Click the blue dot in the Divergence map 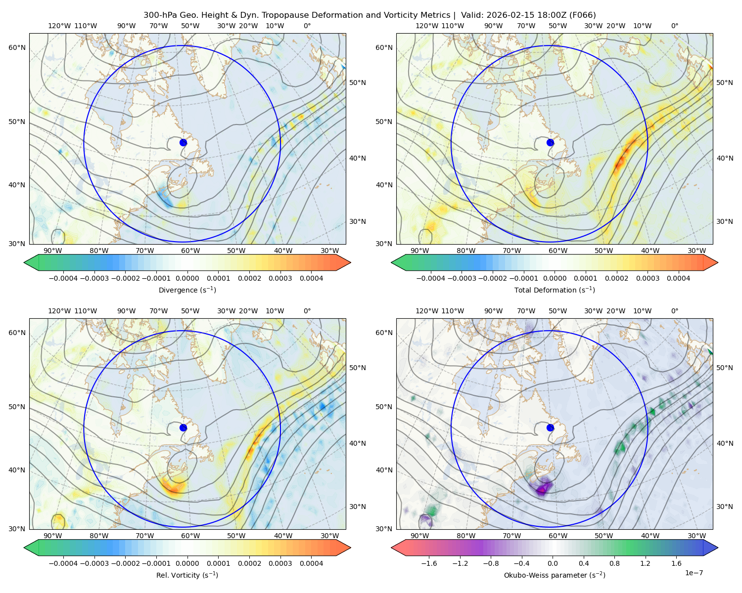[x=183, y=143]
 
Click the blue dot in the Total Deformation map [x=550, y=143]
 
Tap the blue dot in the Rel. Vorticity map [x=183, y=427]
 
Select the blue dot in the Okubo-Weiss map [x=550, y=427]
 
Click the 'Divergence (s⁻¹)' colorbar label [x=187, y=290]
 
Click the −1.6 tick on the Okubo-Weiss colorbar [x=429, y=563]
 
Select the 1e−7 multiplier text [x=694, y=573]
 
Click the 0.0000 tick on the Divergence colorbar [x=187, y=278]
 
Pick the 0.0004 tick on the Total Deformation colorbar [x=678, y=278]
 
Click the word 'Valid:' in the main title [x=472, y=15]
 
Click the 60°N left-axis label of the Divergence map [x=17, y=47]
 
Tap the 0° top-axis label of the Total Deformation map [x=674, y=26]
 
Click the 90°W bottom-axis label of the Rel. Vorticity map [x=53, y=536]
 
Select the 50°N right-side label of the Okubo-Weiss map [x=725, y=368]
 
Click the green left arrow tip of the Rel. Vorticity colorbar [x=24, y=548]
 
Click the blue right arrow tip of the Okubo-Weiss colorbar [x=718, y=548]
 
